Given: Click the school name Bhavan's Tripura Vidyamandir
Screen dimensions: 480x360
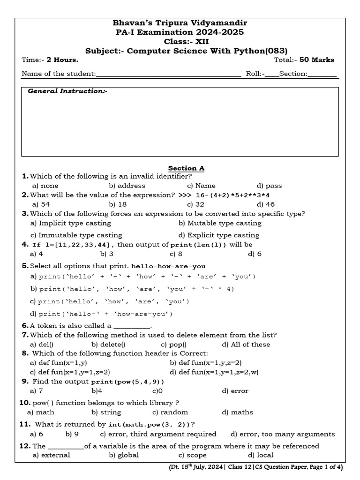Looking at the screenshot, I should click(180, 23).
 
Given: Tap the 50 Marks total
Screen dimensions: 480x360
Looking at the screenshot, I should click(317, 60).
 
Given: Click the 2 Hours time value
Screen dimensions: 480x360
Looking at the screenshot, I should click(62, 60).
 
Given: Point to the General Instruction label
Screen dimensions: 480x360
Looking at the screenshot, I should click(67, 91).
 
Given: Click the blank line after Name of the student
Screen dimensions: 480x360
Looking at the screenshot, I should click(169, 74).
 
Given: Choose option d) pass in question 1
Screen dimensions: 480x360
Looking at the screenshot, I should click(269, 186).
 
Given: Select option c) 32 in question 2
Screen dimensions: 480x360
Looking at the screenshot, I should click(195, 204).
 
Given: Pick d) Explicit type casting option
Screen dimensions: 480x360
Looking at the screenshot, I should click(219, 235).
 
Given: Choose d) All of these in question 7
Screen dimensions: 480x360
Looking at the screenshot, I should click(246, 344).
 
